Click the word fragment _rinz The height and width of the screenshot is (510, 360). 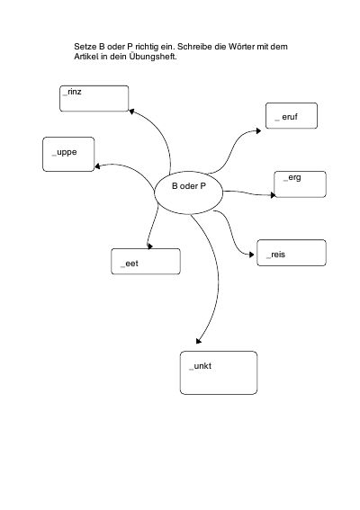click(x=72, y=92)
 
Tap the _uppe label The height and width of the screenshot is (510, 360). click(x=65, y=153)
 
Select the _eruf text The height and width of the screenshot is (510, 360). click(x=286, y=117)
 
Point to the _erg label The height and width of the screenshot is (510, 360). click(x=292, y=177)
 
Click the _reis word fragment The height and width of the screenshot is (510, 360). click(x=275, y=255)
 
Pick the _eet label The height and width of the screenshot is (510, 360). click(x=130, y=264)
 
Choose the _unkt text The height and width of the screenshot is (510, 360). click(x=200, y=366)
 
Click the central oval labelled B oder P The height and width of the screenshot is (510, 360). click(x=189, y=192)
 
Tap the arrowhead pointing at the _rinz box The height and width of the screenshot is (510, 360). click(x=131, y=112)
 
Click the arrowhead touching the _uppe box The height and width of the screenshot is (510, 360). click(x=97, y=166)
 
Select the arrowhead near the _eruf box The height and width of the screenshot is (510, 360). click(x=258, y=130)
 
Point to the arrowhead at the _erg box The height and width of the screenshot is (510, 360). click(x=273, y=195)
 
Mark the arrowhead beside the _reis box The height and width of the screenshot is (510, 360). click(x=252, y=255)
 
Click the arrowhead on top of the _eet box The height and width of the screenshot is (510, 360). click(x=149, y=246)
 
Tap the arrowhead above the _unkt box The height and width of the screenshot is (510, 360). click(x=199, y=341)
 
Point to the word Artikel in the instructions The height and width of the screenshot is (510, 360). click(x=86, y=57)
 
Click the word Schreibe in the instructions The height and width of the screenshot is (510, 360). click(x=194, y=47)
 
